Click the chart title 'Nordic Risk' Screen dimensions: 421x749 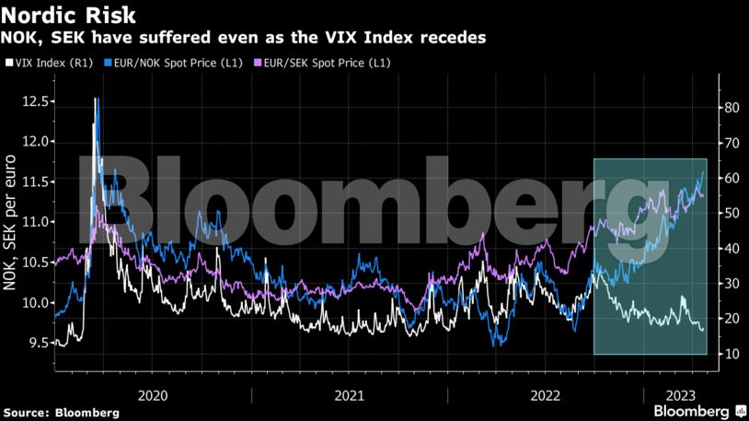pos(70,16)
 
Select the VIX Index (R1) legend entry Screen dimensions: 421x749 pos(51,63)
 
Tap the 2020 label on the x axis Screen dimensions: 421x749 pos(153,394)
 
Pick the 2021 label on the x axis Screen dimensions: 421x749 pos(349,394)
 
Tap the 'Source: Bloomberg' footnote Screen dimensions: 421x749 pos(61,413)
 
